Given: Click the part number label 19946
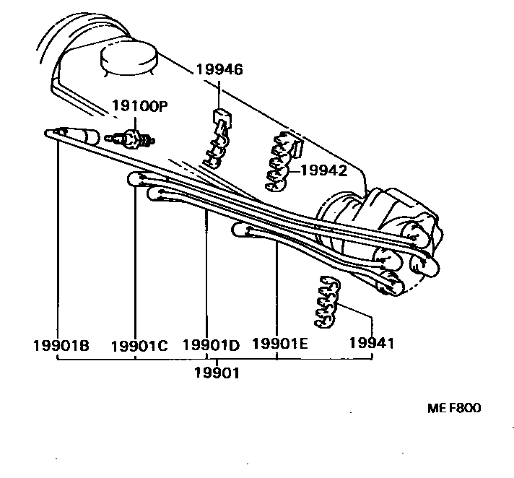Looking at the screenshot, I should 219,70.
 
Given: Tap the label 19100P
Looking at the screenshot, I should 139,106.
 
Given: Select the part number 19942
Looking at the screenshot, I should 323,171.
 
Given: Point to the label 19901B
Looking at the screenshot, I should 61,345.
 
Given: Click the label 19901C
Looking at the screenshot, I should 139,345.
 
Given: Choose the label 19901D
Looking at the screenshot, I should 211,345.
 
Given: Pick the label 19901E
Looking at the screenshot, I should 279,344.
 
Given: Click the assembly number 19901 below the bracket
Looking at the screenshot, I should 217,373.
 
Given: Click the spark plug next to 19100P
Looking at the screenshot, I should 131,137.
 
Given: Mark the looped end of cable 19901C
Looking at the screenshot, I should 135,178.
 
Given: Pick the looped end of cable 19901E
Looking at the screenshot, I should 240,230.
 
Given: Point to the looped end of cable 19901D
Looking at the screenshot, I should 154,193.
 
